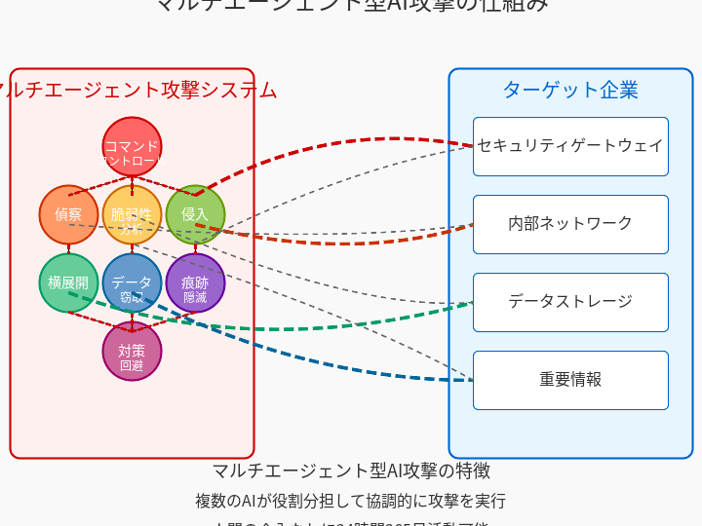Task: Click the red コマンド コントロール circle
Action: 132,146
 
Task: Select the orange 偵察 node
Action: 68,214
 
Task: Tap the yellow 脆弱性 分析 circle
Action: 132,214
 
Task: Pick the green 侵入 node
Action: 195,214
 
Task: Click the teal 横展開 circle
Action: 68,282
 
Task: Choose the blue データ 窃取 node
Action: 132,282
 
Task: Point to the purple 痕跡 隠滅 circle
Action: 195,282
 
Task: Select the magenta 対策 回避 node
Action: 132,351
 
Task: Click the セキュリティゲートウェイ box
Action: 570,146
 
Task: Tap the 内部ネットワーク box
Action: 570,224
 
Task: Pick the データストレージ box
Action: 570,302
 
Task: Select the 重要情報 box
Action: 570,380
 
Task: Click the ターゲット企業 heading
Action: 570,90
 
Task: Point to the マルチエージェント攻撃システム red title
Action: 136,90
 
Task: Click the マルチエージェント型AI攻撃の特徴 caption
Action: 351,470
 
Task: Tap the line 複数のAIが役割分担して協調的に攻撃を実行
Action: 351,501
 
